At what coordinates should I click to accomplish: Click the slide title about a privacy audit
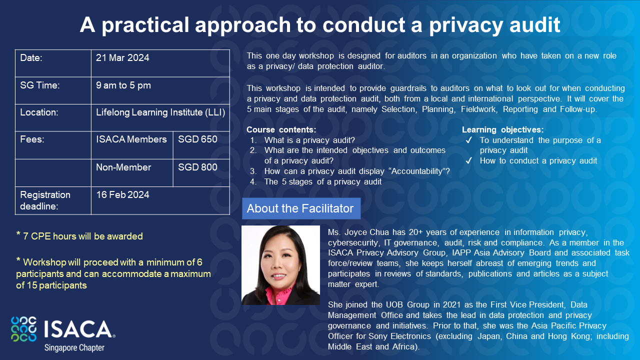320,25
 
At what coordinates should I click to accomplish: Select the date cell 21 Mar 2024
122,58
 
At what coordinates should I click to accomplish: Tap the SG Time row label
40,85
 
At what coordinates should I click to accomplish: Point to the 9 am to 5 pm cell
123,85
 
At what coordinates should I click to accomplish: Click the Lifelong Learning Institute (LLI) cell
160,112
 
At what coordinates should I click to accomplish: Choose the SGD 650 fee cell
198,139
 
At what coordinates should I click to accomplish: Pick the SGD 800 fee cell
198,167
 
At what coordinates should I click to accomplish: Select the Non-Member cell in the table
123,167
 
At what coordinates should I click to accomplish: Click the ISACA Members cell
131,139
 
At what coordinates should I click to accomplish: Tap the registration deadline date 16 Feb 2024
122,195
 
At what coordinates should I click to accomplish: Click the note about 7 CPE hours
80,236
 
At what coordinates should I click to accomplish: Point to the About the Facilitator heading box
300,208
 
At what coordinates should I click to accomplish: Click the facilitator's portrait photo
280,265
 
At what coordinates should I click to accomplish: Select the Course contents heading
281,130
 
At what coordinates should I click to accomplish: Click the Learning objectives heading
502,130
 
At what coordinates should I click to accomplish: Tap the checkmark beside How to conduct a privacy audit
469,161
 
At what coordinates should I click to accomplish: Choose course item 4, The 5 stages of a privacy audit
323,182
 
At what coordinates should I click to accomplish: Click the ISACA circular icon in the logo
23,329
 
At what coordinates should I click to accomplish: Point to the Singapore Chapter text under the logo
74,347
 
